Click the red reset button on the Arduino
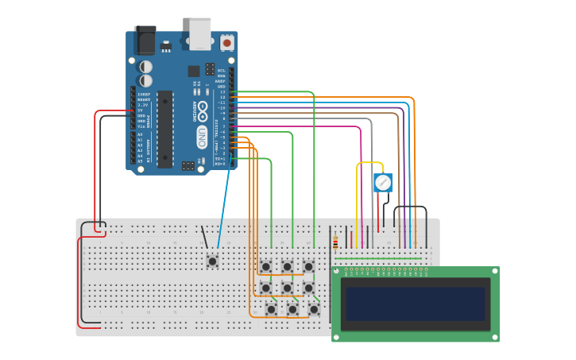point(227,42)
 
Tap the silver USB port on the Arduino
point(200,33)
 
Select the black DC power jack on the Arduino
point(145,40)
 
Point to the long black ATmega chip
point(164,128)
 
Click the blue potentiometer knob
point(383,183)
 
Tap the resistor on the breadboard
point(335,243)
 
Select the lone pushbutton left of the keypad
point(212,260)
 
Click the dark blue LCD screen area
point(415,304)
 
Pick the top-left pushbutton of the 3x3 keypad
point(266,266)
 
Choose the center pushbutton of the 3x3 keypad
point(287,287)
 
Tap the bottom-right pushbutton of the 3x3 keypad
point(314,308)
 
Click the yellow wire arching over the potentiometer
point(369,164)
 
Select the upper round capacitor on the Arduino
point(146,67)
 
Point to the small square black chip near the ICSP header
point(194,71)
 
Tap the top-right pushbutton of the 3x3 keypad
point(308,266)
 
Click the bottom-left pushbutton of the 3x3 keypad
point(271,308)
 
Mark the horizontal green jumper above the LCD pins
point(378,257)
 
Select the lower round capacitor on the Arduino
point(146,80)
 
